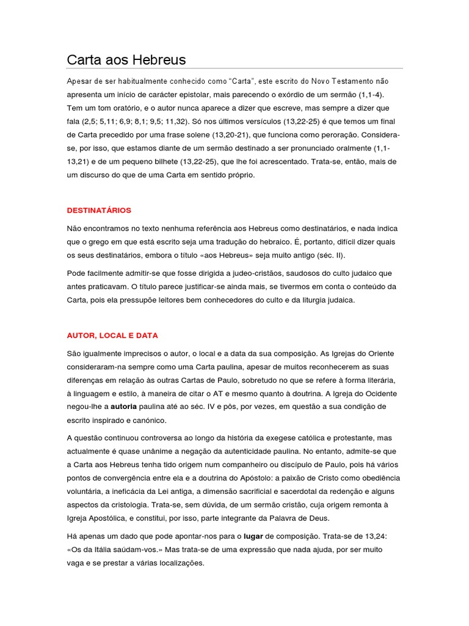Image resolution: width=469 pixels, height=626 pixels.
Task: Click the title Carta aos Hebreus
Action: (126, 60)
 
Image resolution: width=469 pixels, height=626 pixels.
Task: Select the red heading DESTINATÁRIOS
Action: (99, 210)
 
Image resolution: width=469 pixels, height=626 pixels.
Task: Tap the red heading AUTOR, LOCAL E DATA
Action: (112, 336)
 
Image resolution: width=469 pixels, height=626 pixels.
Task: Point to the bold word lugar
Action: (253, 536)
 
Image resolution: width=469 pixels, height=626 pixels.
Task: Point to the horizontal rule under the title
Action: (234, 68)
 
